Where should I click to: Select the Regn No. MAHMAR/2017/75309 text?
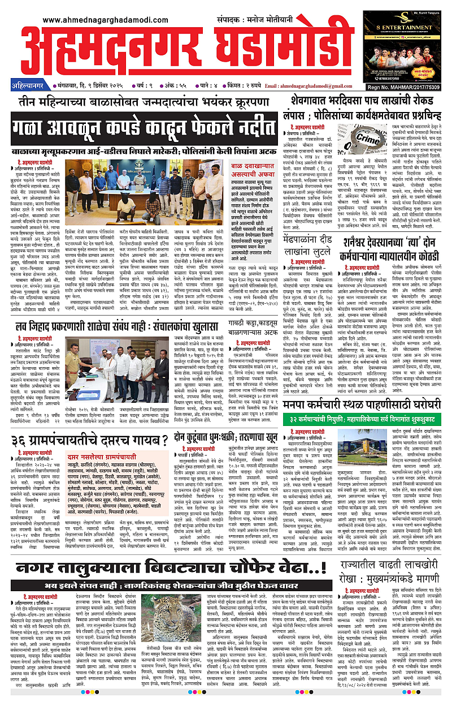coord(414,87)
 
